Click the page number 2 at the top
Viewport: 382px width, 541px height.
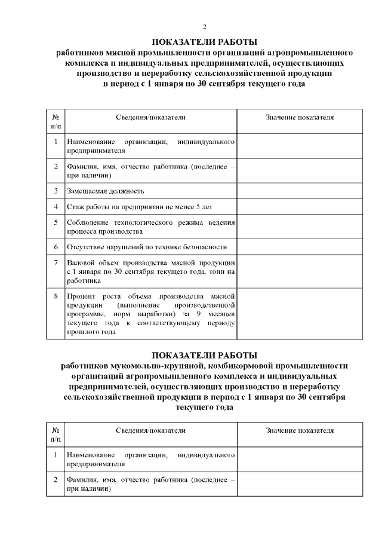[x=205, y=27]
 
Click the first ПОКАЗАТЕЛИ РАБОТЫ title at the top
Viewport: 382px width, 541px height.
[x=204, y=42]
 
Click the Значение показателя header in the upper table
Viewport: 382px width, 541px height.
[x=300, y=117]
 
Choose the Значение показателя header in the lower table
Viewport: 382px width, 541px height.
[x=300, y=430]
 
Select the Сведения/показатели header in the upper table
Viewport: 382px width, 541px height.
[x=150, y=117]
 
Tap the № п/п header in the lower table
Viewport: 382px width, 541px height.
[x=56, y=435]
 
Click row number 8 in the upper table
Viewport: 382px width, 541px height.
[x=56, y=296]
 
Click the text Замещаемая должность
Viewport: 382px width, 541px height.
[x=106, y=191]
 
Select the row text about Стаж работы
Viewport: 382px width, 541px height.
[x=133, y=207]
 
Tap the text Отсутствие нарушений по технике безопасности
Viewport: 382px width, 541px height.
[x=147, y=247]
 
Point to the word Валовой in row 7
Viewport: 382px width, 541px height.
[x=81, y=262]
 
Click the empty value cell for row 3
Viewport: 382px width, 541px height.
[x=300, y=191]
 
